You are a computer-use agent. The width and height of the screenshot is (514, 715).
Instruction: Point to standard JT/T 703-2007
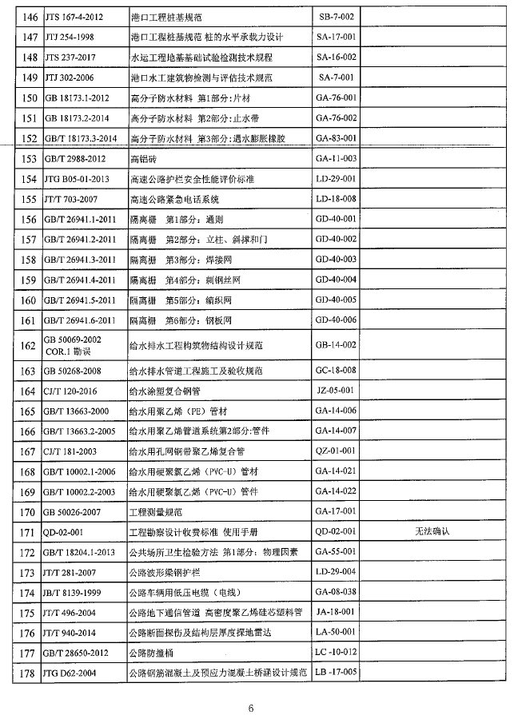[73, 199]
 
